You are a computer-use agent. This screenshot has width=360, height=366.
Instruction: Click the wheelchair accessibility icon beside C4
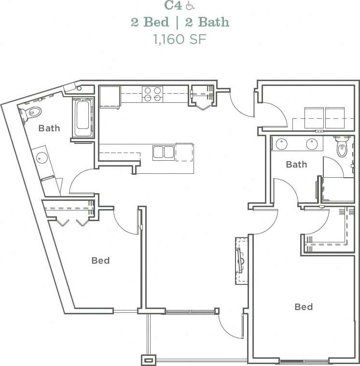(190, 6)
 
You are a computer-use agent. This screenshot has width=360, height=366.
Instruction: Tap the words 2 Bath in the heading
(207, 22)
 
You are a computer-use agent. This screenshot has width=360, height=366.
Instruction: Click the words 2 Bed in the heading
(150, 22)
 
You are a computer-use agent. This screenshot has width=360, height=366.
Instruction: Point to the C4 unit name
(173, 6)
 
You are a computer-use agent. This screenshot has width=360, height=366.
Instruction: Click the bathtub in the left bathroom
(83, 118)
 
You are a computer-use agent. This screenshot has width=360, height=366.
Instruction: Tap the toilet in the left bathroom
(31, 113)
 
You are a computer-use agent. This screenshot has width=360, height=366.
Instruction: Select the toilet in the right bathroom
(342, 147)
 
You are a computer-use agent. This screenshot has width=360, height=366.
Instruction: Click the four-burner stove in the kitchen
(152, 94)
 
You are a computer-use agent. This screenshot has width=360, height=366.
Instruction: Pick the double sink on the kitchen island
(164, 153)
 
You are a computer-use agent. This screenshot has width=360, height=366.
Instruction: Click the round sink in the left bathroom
(42, 158)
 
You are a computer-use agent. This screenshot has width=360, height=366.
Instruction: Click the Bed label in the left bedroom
(100, 261)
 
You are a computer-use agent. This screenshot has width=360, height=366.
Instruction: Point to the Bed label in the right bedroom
(304, 307)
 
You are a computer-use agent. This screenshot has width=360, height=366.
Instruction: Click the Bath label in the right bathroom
(296, 165)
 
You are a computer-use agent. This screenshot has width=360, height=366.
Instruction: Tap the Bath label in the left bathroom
(49, 128)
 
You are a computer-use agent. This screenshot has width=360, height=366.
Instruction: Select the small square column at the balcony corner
(149, 360)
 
